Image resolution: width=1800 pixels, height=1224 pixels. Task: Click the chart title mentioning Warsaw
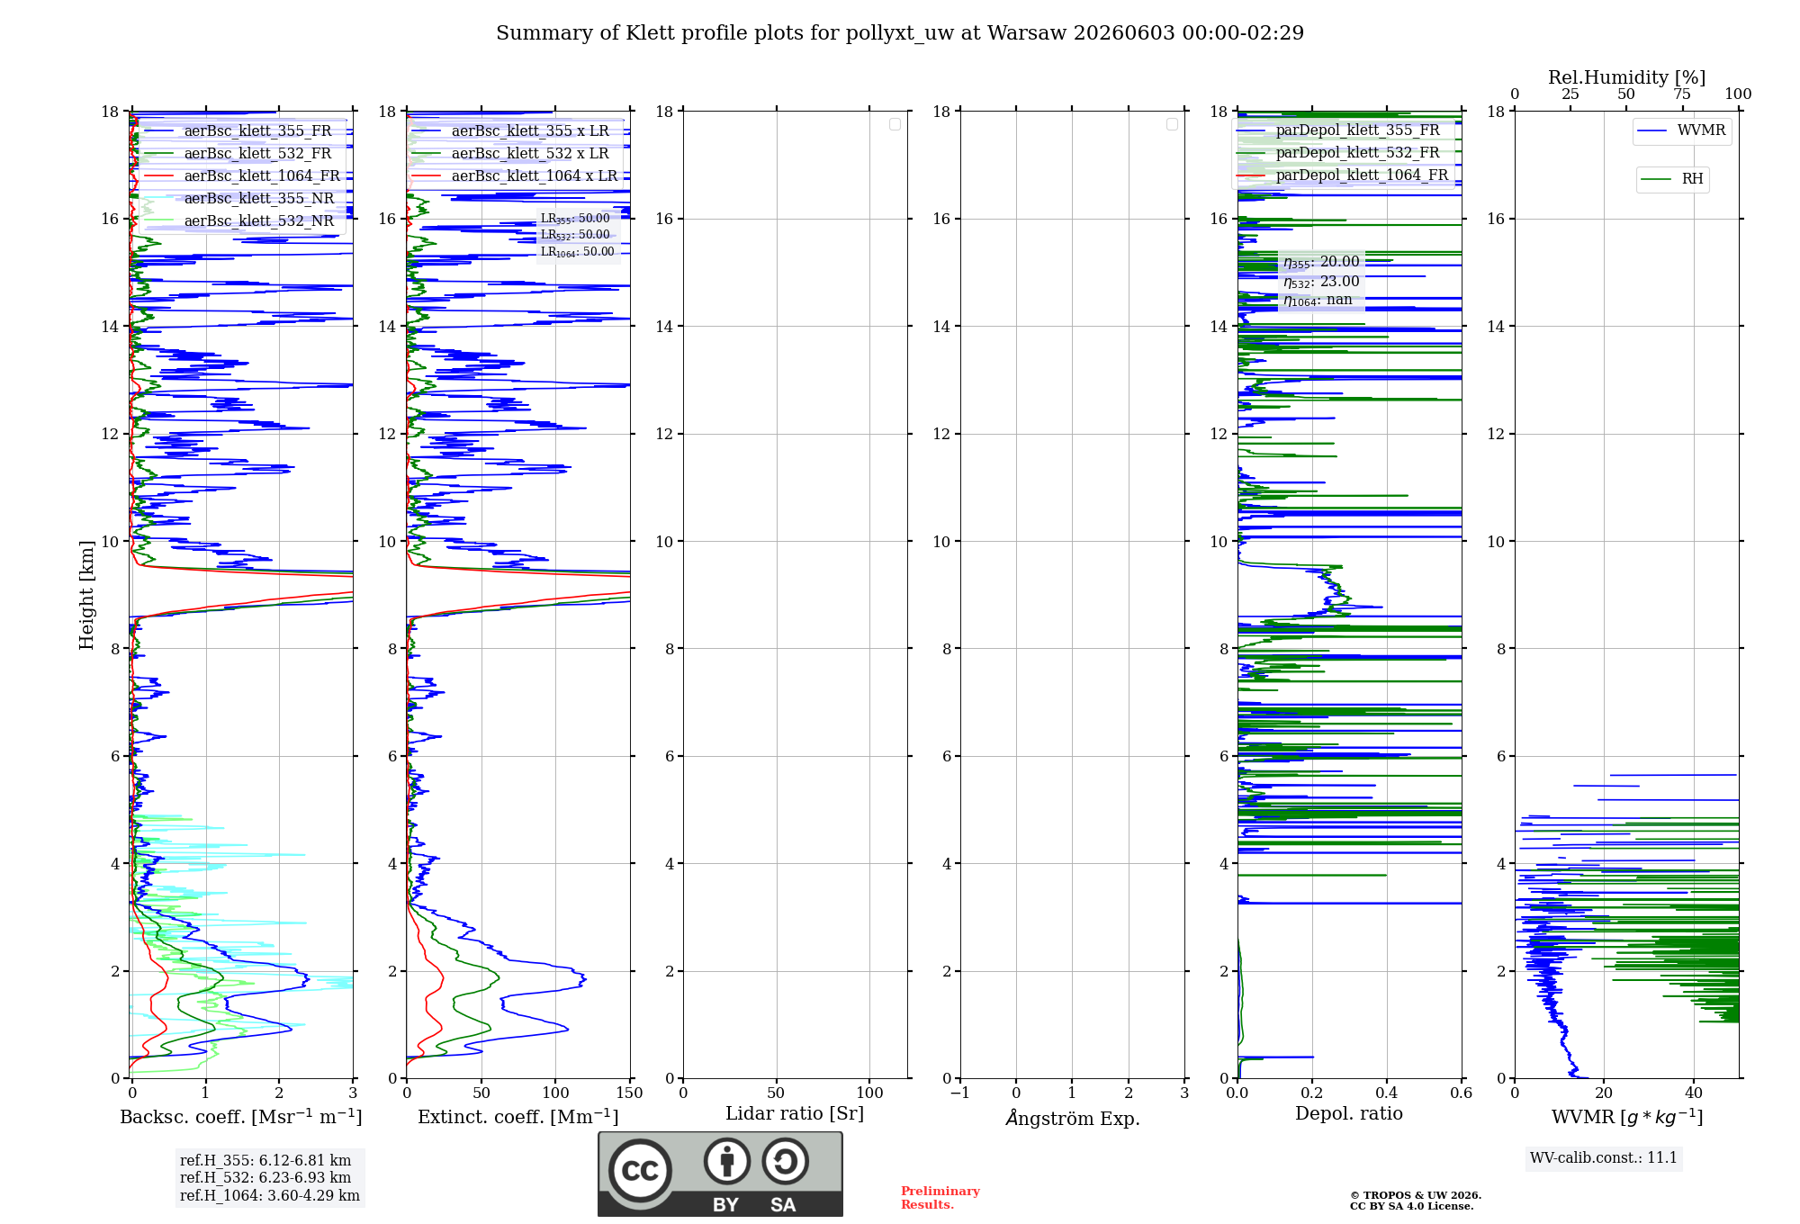(x=900, y=33)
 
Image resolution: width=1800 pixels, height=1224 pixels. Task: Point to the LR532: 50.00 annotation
(x=575, y=235)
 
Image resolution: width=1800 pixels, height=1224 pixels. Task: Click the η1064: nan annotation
(x=1318, y=300)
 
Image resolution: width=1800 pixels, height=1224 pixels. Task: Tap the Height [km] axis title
(x=86, y=595)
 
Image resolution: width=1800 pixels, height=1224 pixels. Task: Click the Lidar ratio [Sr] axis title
(x=795, y=1113)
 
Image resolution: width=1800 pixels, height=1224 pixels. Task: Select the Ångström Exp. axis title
(x=1073, y=1117)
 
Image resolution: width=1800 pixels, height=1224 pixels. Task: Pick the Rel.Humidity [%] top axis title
(x=1626, y=77)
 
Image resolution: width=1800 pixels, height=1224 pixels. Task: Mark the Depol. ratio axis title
(x=1349, y=1113)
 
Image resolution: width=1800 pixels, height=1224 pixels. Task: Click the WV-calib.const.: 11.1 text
(x=1604, y=1157)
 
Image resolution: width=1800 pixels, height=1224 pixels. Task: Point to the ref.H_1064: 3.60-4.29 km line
(x=270, y=1195)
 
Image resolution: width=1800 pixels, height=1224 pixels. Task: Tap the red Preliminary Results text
(x=940, y=1198)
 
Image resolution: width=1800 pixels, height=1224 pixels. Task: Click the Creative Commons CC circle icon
(x=640, y=1171)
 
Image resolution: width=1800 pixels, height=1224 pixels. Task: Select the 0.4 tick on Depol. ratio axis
(x=1387, y=1093)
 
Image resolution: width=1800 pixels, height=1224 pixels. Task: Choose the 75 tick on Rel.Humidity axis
(x=1682, y=94)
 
